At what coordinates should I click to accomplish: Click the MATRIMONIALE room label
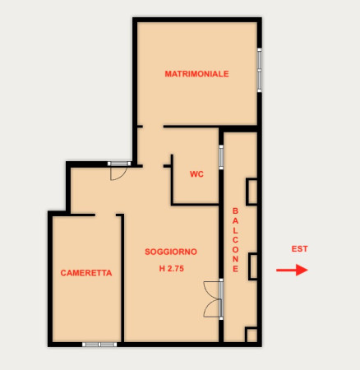click(196, 74)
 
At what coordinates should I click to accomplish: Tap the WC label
click(196, 174)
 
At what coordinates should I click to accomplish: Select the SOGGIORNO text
click(171, 252)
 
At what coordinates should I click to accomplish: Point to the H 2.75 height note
click(172, 269)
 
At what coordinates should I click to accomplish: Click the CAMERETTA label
click(86, 273)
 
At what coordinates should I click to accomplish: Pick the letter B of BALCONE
click(235, 211)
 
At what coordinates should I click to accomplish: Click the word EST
click(299, 249)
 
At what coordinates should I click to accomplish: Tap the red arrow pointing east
click(292, 270)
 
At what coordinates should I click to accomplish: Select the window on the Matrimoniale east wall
click(260, 71)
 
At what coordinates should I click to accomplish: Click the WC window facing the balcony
click(221, 157)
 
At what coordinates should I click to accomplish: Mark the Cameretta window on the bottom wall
click(99, 345)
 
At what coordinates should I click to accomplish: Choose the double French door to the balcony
click(213, 299)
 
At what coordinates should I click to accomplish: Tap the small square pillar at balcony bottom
click(252, 335)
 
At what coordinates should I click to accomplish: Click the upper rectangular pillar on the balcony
click(252, 192)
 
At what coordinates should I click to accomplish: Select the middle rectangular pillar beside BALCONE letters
click(253, 266)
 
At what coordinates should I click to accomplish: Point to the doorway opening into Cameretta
click(105, 215)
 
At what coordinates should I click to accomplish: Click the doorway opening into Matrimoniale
click(153, 127)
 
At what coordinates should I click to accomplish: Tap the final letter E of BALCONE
click(235, 269)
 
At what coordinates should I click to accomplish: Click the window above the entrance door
click(119, 164)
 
